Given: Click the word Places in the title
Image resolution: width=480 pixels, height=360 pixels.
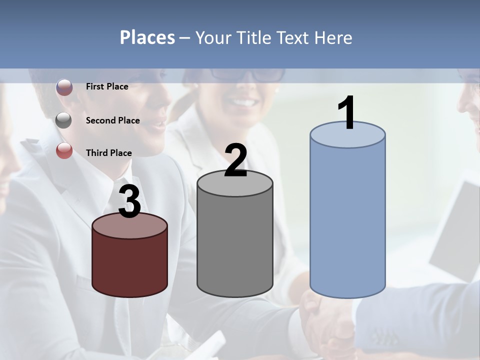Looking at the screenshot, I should point(147,37).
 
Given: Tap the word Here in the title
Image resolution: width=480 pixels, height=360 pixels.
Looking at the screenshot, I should point(333,37).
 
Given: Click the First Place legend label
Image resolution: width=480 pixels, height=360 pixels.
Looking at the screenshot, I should point(107,86).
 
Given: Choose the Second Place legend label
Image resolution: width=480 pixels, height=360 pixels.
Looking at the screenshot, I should point(112,120).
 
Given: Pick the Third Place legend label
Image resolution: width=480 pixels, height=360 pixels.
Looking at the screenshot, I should point(108,153).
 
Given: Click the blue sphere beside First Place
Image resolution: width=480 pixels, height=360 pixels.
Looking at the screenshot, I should point(64,87).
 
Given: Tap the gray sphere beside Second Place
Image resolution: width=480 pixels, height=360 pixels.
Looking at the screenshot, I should point(64,120).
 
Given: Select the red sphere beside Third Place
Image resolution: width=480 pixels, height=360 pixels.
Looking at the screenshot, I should point(64,150).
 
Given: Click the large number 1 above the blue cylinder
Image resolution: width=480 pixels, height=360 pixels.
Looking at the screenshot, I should point(347,113).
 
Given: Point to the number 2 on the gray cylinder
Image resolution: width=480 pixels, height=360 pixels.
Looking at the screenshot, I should point(235,160).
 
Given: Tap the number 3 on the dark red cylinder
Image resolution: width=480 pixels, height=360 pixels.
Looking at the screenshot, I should point(129,202).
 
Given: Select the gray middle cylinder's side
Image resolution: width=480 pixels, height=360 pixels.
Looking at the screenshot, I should point(235,245).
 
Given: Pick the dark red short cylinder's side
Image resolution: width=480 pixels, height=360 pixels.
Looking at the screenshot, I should point(129,265).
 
